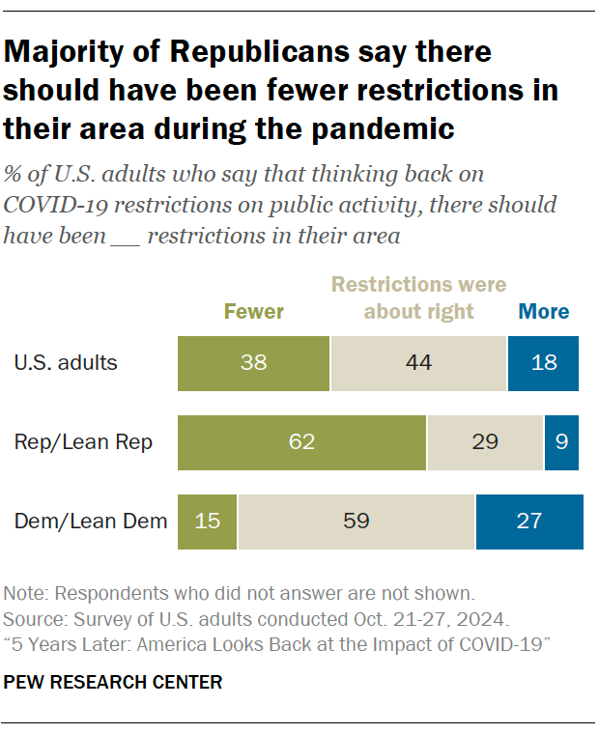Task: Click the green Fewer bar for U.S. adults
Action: click(x=253, y=363)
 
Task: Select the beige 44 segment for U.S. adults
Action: click(x=418, y=363)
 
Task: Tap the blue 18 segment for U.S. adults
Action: click(x=543, y=363)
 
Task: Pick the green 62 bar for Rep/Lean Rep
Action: click(x=301, y=442)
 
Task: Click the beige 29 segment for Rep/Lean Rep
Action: click(x=485, y=442)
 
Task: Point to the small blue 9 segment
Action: click(x=561, y=442)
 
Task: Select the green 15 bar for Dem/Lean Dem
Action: click(x=208, y=522)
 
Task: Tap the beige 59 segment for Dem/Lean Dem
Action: click(x=357, y=522)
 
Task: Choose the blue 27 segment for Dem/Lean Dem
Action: click(x=528, y=522)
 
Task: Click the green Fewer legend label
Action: click(x=254, y=311)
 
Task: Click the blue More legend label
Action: click(x=544, y=311)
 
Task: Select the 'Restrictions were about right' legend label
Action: click(x=418, y=297)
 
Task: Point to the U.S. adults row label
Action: click(x=66, y=363)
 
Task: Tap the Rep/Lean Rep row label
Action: click(x=83, y=442)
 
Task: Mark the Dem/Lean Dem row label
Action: click(x=90, y=522)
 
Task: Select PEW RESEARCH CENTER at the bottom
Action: click(x=113, y=683)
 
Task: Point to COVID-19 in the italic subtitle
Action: click(x=48, y=205)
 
